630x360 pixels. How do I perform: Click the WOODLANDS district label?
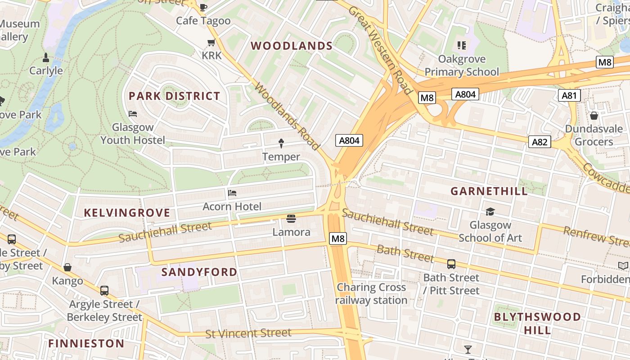(x=291, y=46)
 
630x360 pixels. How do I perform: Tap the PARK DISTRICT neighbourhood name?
(x=175, y=96)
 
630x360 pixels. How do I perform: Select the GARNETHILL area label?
(x=489, y=191)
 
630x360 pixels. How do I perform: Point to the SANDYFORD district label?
(x=199, y=272)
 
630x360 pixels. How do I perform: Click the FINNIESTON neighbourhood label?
(x=86, y=344)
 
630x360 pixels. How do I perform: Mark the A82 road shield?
(x=540, y=142)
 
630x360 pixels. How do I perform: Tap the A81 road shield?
(x=569, y=95)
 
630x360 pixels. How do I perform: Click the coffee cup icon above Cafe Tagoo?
(x=203, y=7)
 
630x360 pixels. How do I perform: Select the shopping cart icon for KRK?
(x=211, y=43)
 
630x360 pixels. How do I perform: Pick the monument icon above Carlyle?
(x=46, y=58)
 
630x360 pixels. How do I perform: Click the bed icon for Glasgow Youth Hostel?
(x=133, y=114)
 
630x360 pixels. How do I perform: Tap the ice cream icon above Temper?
(x=281, y=144)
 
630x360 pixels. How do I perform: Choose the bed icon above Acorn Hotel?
(x=232, y=193)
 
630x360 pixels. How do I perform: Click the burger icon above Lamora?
(x=291, y=219)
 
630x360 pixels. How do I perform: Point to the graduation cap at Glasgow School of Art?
(x=490, y=211)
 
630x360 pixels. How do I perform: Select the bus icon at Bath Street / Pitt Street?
(x=451, y=264)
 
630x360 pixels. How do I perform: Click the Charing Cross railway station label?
(x=371, y=293)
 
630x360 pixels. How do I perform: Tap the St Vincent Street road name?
(x=248, y=333)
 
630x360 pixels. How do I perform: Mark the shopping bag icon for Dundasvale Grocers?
(x=594, y=116)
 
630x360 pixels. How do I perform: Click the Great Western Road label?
(x=381, y=49)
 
